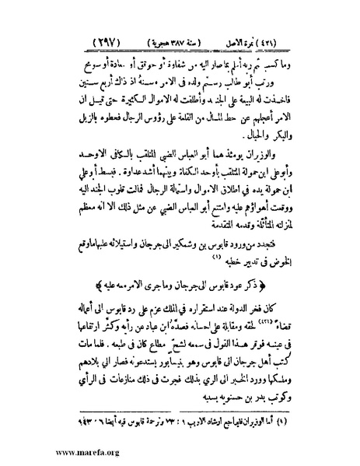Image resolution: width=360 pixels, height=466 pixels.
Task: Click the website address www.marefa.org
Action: click(58, 449)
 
